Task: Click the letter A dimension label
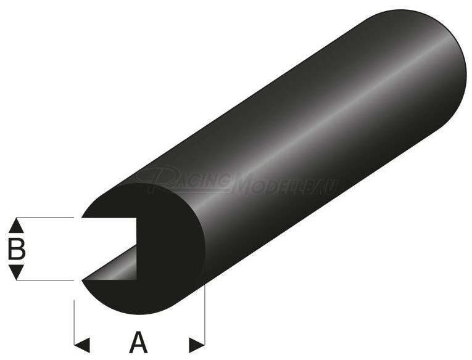pyautogui.click(x=140, y=342)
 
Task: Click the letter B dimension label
pyautogui.click(x=17, y=248)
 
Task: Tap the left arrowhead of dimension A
pyautogui.click(x=83, y=343)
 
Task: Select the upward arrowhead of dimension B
pyautogui.click(x=17, y=224)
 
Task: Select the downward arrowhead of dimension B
pyautogui.click(x=17, y=273)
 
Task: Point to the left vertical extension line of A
pyautogui.click(x=75, y=321)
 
